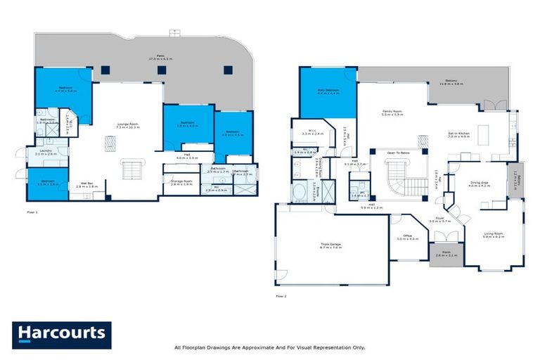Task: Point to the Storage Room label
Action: point(181,182)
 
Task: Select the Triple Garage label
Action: point(330,245)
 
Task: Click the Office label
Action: point(407,237)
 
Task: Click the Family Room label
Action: point(392,112)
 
